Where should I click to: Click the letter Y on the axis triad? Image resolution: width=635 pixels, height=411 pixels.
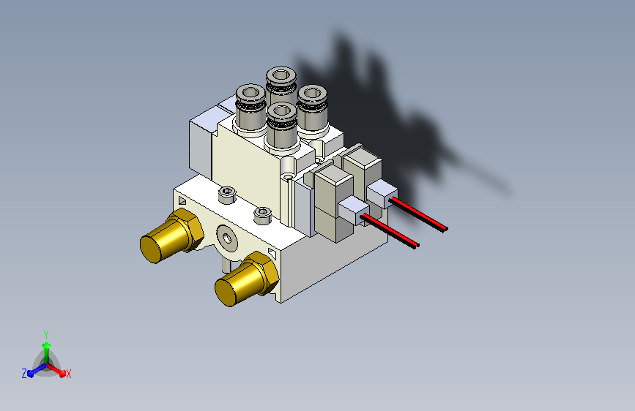coord(46,334)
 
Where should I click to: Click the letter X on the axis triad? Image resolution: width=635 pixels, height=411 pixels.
coord(68,374)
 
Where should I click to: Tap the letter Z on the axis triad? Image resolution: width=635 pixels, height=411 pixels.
coord(24,374)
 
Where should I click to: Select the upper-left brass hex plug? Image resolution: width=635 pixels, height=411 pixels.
coord(171,235)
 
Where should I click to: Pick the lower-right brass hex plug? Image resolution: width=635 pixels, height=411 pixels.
coord(246,279)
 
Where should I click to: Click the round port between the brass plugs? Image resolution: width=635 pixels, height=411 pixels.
coord(227,238)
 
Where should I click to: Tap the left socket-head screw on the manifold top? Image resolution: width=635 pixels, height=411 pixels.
coord(227,195)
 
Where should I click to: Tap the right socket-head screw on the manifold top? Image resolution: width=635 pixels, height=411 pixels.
coord(262,215)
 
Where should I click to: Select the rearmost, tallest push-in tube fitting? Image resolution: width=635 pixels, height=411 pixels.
coord(281,86)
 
